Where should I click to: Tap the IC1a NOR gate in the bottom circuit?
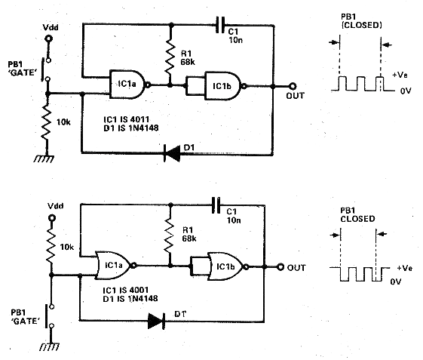(x=115, y=266)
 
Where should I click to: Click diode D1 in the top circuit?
(x=172, y=153)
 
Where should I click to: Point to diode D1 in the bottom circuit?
(x=157, y=321)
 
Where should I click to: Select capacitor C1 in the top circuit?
(x=220, y=25)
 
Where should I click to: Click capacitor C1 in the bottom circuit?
(x=216, y=205)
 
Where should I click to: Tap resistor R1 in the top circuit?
(x=170, y=58)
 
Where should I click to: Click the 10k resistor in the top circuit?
(x=47, y=123)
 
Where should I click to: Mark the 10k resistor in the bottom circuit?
(x=51, y=246)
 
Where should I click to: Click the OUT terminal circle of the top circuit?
(x=293, y=87)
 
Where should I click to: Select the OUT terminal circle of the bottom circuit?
(x=280, y=267)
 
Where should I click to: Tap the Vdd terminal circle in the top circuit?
(x=48, y=38)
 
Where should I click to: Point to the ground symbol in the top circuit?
(x=44, y=158)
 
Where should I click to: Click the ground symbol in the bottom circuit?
(x=49, y=346)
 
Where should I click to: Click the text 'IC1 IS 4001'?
(x=126, y=290)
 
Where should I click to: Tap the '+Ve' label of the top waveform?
(x=400, y=75)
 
